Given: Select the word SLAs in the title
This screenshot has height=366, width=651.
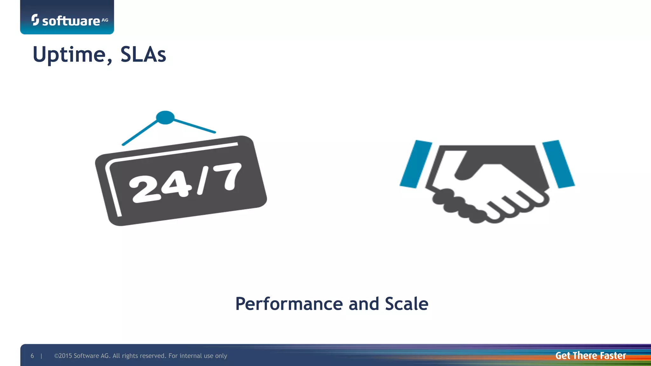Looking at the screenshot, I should point(143,55).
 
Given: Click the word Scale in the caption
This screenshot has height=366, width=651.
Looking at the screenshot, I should point(407,304).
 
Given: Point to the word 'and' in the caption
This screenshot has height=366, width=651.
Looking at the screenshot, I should point(364,304).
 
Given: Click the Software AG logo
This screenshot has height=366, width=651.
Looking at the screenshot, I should point(70,20).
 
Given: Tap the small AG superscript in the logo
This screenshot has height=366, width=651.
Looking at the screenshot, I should point(105,20).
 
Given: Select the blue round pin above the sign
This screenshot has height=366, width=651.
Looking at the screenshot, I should point(165,118).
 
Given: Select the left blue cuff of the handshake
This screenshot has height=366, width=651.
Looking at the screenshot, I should point(416,164).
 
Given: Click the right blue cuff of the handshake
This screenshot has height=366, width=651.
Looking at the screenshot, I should point(558,164).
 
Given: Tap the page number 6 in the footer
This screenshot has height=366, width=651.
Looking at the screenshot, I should point(32,356).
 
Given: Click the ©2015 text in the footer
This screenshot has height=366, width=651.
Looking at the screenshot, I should point(63,356).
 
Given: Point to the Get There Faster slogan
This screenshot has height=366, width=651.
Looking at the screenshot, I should point(591,356).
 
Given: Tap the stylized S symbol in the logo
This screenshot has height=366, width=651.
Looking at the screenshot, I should point(35,20).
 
